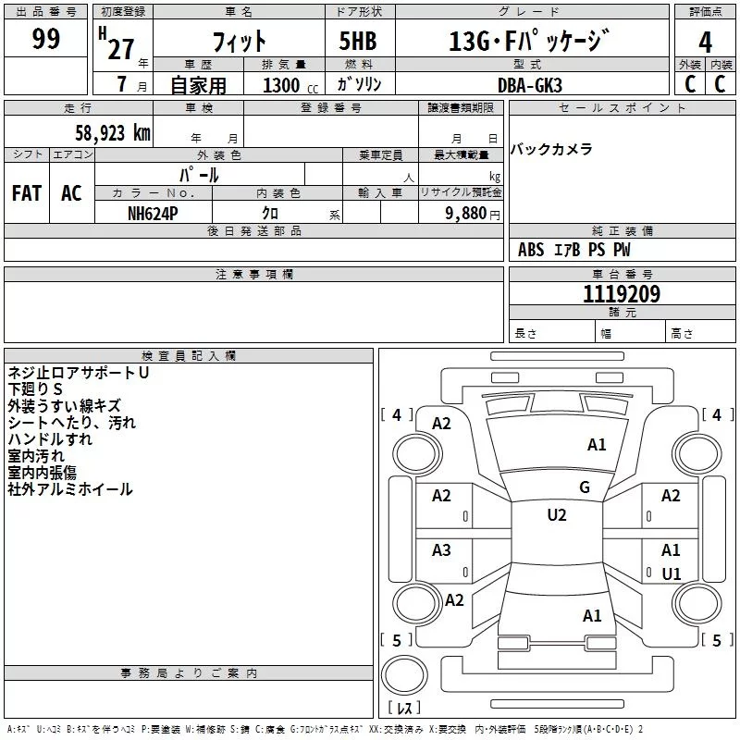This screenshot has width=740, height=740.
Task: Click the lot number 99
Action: pyautogui.click(x=46, y=39)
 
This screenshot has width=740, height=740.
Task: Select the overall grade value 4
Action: pyautogui.click(x=706, y=41)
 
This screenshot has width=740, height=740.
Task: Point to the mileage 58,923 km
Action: pyautogui.click(x=112, y=132)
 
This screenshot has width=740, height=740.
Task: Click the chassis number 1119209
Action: pyautogui.click(x=621, y=295)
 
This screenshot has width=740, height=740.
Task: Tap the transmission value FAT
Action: pyautogui.click(x=27, y=193)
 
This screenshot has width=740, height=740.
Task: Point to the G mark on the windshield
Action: pyautogui.click(x=584, y=487)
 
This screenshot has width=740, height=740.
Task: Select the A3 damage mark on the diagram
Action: pyautogui.click(x=441, y=550)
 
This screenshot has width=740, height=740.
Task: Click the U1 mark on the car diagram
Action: pyautogui.click(x=671, y=574)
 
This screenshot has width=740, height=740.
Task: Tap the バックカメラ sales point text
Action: pyautogui.click(x=551, y=150)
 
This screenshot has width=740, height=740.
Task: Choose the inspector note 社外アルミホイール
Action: pyautogui.click(x=70, y=489)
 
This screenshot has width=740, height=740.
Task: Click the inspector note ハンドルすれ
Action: pyautogui.click(x=51, y=439)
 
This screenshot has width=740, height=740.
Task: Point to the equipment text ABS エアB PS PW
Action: pyautogui.click(x=573, y=250)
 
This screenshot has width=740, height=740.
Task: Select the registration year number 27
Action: pyautogui.click(x=120, y=49)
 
